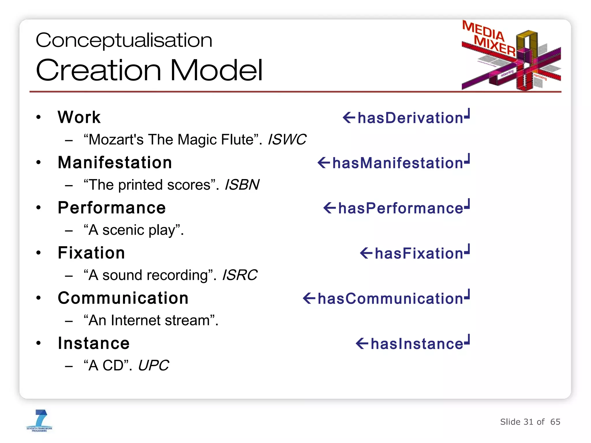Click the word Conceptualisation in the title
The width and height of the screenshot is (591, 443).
tap(124, 40)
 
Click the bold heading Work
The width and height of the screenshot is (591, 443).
tap(79, 117)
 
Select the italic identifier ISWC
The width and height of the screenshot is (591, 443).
tap(287, 140)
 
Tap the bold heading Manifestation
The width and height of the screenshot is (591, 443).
tap(115, 163)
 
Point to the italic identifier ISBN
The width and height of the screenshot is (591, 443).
tap(242, 185)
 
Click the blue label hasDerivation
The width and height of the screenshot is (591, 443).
tap(410, 118)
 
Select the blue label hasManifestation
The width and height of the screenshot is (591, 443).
tap(397, 163)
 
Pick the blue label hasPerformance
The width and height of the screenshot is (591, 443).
tap(401, 208)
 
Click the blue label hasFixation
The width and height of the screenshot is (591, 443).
tap(419, 254)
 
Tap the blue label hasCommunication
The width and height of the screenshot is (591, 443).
tap(390, 299)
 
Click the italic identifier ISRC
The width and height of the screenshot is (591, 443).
tap(240, 275)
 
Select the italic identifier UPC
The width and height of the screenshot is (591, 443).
tap(153, 366)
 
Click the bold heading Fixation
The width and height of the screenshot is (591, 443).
tap(91, 253)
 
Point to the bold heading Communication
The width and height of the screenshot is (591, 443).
tap(123, 298)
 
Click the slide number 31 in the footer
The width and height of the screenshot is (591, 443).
tap(528, 422)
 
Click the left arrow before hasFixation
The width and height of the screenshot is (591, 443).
tap(366, 254)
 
